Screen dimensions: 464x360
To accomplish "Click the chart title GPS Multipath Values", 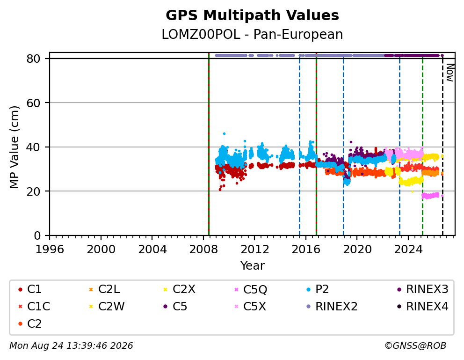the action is (252, 15).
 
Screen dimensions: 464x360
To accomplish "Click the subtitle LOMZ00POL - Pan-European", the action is (252, 34).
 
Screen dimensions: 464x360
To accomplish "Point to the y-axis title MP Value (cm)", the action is (14, 147).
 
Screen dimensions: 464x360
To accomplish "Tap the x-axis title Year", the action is (252, 265).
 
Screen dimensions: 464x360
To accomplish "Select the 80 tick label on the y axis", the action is (33, 59).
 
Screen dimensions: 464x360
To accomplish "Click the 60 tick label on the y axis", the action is (33, 103).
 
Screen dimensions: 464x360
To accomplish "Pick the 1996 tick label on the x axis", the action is (50, 250).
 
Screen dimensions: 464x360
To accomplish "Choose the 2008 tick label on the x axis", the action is (203, 250).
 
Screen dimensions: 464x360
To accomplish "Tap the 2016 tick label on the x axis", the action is (306, 250).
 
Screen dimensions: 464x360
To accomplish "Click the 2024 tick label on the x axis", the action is (408, 250).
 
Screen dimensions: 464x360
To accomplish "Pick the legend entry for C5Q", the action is (251, 289).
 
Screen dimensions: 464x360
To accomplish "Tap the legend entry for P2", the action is (318, 289).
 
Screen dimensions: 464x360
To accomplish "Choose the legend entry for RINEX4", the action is (422, 307).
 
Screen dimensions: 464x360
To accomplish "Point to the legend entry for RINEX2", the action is (332, 307).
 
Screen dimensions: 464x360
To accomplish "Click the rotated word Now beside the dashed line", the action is (450, 73).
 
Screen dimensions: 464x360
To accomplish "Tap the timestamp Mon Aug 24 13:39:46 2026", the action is (71, 346).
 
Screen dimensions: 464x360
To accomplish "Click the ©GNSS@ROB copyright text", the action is (415, 346).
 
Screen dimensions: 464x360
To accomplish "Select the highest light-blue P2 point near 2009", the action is (224, 134).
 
